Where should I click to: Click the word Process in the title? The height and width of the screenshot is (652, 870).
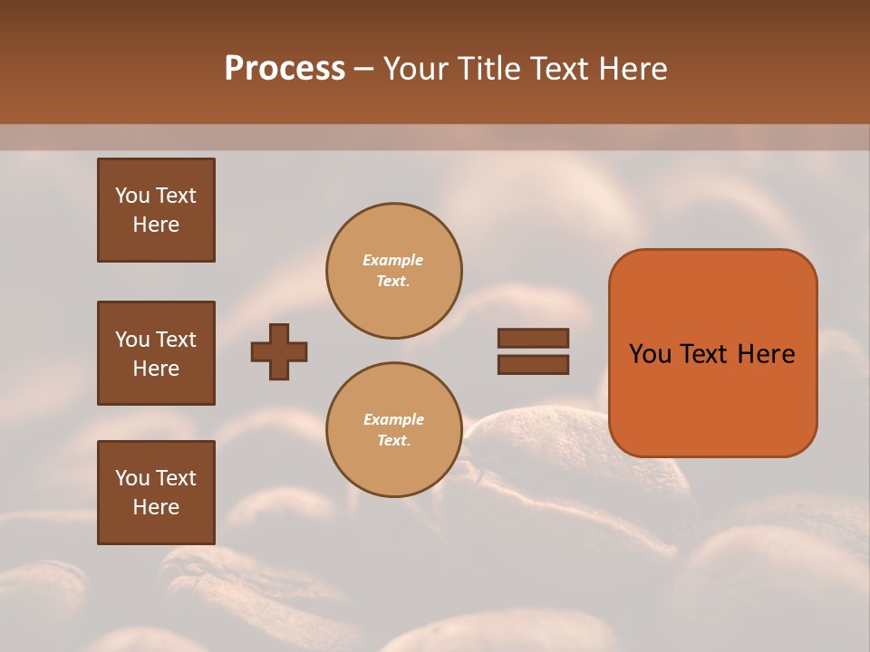(285, 69)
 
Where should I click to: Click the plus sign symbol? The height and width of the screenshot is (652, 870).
(279, 351)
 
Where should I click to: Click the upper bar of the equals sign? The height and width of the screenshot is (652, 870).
(533, 338)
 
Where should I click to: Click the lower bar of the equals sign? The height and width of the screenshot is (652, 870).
(533, 364)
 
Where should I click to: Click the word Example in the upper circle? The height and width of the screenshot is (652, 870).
(393, 260)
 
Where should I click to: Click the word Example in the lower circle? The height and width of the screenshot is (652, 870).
(393, 419)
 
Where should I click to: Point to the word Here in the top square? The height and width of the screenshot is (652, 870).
(156, 225)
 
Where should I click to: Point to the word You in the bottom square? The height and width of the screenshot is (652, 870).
(132, 478)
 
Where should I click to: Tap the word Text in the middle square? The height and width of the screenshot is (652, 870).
(176, 340)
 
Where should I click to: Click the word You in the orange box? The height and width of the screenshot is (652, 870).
(650, 354)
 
